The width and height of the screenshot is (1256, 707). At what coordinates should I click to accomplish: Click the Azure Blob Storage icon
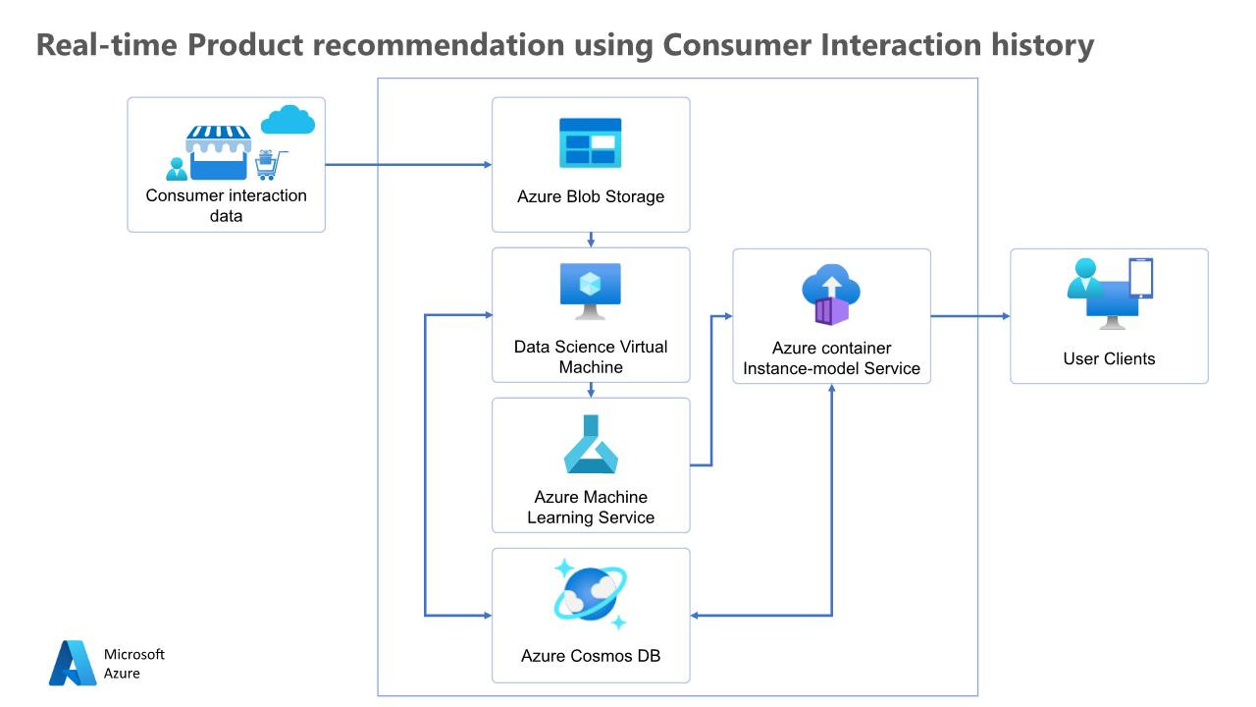[x=591, y=143]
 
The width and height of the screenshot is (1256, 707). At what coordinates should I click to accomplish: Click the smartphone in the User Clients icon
[x=1141, y=279]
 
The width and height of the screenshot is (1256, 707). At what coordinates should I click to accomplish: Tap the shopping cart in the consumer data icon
[x=270, y=165]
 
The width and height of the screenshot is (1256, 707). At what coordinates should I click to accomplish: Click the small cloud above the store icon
[x=288, y=120]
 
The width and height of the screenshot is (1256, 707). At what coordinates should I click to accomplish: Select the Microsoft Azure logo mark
[x=73, y=663]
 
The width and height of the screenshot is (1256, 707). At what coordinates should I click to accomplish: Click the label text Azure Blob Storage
[x=591, y=196]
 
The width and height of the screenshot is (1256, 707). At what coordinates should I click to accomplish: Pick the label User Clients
[x=1109, y=358]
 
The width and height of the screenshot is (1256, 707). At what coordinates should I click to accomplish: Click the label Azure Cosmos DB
[x=591, y=655]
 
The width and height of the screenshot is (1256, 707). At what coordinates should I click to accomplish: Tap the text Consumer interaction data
[x=226, y=205]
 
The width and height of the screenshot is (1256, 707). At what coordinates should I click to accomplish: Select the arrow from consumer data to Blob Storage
[x=407, y=165]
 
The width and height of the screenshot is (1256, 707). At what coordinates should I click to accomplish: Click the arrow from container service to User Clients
[x=969, y=316]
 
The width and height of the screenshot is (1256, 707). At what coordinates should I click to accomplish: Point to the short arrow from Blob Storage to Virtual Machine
[x=591, y=240]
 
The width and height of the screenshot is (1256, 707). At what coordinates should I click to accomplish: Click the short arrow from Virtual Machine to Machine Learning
[x=591, y=390]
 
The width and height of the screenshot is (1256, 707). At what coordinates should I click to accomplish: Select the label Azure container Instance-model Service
[x=831, y=358]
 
